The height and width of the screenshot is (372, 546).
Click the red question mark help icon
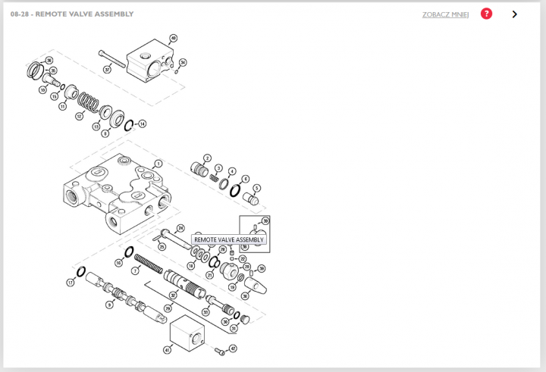486,14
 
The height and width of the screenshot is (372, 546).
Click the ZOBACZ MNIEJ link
445,14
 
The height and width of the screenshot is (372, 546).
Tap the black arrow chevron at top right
515,14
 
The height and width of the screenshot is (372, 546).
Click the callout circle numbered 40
173,38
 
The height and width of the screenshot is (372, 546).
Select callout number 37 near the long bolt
107,70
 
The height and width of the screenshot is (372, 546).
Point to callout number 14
142,123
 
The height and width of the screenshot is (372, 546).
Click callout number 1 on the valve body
158,163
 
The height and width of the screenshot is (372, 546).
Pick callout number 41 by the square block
167,350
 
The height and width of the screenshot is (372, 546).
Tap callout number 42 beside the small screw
233,349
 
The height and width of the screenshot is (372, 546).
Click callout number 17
71,283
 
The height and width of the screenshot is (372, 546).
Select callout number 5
257,188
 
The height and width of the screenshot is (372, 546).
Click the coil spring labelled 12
89,101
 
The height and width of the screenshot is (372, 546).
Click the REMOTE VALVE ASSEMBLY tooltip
228,239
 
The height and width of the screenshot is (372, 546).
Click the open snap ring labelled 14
129,125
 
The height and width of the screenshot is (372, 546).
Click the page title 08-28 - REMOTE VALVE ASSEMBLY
72,14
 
